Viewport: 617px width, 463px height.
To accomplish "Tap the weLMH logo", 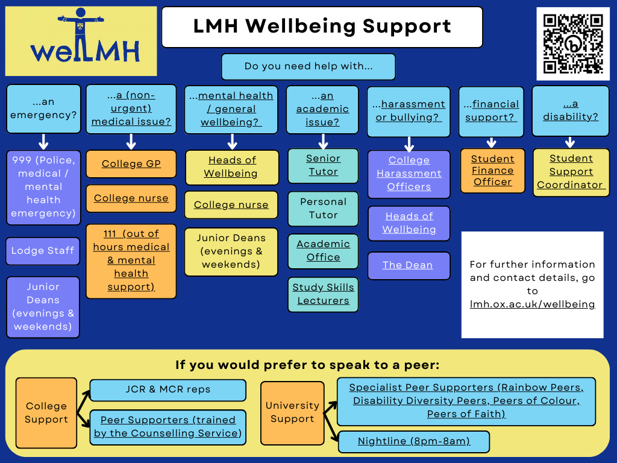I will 81,41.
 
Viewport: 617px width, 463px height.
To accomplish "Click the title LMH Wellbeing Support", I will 322,27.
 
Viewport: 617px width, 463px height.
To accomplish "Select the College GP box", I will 131,164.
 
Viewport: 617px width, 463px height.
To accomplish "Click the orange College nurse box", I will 131,198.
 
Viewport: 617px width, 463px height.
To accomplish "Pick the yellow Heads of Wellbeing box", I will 231,167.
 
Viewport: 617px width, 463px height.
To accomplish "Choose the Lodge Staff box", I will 43,251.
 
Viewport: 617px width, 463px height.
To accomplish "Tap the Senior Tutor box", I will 323,165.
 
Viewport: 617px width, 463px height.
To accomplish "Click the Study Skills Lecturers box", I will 323,294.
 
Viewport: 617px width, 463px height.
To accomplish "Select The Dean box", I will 409,265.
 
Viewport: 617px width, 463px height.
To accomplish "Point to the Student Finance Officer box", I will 492,171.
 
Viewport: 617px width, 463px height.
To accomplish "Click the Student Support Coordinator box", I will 571,172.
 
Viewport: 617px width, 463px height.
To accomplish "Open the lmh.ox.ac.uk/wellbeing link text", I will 532,304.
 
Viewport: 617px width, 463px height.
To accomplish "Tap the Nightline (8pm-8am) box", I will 413,441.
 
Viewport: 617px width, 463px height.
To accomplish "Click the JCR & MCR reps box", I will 168,390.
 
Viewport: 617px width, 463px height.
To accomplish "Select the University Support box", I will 292,412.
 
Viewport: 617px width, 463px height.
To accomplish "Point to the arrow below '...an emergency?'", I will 43,142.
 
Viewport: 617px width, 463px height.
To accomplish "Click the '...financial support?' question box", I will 491,111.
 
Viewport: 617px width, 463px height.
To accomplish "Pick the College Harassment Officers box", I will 409,174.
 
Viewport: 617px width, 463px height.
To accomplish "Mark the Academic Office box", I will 323,251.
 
